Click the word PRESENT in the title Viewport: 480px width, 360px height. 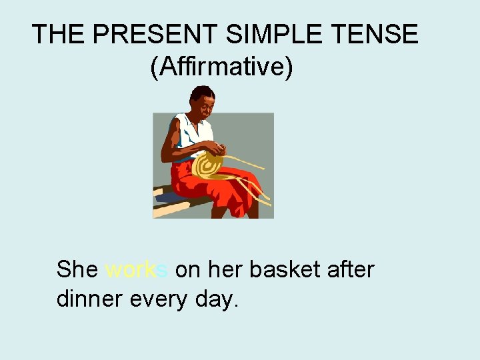click(136, 34)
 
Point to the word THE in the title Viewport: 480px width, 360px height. click(54, 34)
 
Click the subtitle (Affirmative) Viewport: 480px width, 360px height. click(221, 67)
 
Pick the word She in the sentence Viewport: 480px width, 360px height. click(77, 270)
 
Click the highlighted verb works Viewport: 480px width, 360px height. click(137, 270)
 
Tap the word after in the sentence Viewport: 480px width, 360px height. click(351, 270)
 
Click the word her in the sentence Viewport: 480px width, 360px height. click(227, 270)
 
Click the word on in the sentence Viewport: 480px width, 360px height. click(187, 270)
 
